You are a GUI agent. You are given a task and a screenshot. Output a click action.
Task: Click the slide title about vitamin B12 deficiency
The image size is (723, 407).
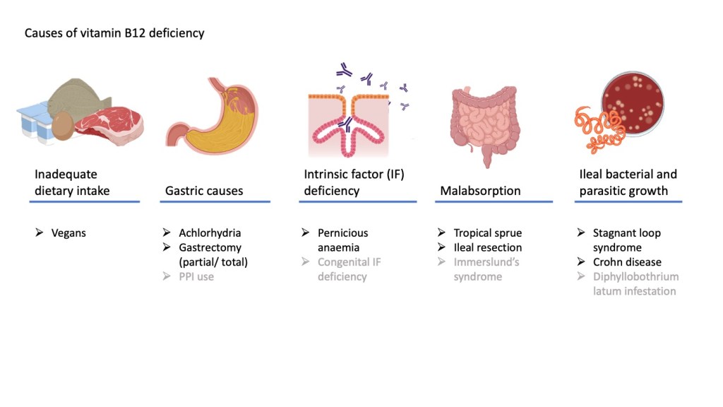[114, 33]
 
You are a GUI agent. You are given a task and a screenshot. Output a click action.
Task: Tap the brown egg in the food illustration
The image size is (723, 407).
[64, 127]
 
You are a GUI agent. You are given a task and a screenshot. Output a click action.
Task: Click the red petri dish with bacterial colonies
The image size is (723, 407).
[633, 105]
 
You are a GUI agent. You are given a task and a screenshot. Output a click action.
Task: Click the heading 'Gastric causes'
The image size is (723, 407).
[203, 191]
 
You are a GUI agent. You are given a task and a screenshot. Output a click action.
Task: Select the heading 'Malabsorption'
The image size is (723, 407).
[480, 191]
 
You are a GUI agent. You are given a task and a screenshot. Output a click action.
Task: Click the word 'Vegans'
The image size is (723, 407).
[68, 233]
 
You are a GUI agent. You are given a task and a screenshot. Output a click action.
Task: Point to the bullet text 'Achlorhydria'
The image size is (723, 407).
[210, 233]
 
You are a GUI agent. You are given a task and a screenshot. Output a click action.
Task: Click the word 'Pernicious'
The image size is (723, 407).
[342, 233]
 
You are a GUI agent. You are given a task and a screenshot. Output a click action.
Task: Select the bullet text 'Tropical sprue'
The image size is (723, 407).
[487, 233]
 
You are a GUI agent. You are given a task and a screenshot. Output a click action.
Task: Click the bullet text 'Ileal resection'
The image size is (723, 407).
[487, 247]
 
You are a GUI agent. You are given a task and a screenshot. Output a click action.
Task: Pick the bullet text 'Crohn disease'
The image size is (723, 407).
[627, 262]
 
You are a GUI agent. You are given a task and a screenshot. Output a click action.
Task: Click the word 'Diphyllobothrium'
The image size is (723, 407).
[635, 277]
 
